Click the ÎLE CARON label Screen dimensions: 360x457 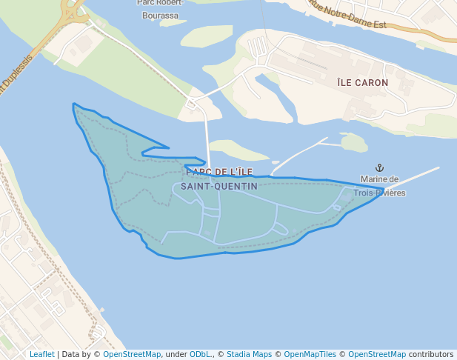click(x=362, y=83)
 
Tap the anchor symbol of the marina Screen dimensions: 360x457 click(x=381, y=168)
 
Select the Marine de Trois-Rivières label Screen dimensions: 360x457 click(x=379, y=186)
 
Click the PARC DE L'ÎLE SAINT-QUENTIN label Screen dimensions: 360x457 click(x=219, y=179)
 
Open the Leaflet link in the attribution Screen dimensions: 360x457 click(x=42, y=354)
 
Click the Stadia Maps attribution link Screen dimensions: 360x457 click(x=249, y=354)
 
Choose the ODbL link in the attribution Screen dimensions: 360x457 click(x=201, y=354)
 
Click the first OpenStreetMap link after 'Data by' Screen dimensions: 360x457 click(x=132, y=354)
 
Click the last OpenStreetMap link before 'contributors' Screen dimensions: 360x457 click(x=377, y=354)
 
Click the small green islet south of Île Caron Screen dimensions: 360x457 click(x=354, y=141)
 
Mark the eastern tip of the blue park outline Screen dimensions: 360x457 click(x=382, y=187)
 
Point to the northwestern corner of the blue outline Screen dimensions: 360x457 click(x=73, y=104)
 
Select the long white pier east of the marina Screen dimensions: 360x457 click(x=415, y=176)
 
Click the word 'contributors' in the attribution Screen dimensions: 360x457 click(x=431, y=354)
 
